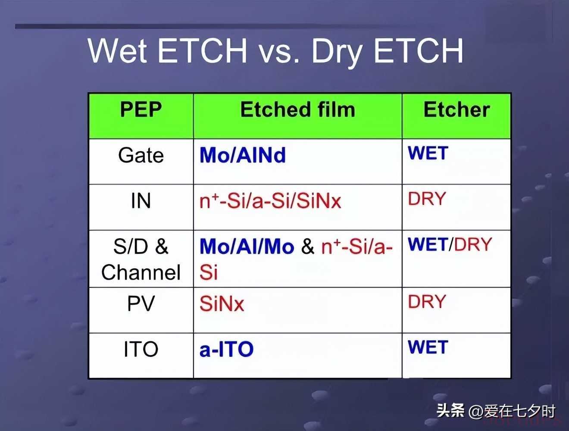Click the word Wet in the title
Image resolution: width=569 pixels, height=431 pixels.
click(118, 50)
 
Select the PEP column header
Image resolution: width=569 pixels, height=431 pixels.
click(141, 109)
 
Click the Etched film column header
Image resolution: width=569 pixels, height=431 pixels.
click(297, 109)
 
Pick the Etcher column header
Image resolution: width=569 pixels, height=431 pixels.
click(457, 109)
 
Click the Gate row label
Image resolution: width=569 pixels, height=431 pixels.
click(141, 155)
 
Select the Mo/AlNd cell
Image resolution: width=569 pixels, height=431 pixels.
click(243, 155)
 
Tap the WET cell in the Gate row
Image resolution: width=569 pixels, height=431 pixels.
click(428, 153)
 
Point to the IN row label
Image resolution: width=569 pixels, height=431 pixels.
click(141, 201)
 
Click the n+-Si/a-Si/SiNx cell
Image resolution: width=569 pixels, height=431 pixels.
click(270, 201)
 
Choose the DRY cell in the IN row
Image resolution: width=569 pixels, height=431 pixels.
click(427, 199)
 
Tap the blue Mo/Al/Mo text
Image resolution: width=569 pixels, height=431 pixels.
click(247, 246)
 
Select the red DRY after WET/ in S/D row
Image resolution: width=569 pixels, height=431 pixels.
click(473, 244)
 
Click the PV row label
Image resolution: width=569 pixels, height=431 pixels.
click(141, 303)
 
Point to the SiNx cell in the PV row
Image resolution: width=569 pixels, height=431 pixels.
click(222, 303)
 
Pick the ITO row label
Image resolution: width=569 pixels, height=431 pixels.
click(141, 349)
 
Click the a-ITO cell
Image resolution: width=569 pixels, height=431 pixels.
click(227, 349)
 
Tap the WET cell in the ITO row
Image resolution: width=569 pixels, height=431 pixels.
click(428, 347)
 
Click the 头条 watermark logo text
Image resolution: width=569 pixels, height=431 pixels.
click(450, 411)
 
